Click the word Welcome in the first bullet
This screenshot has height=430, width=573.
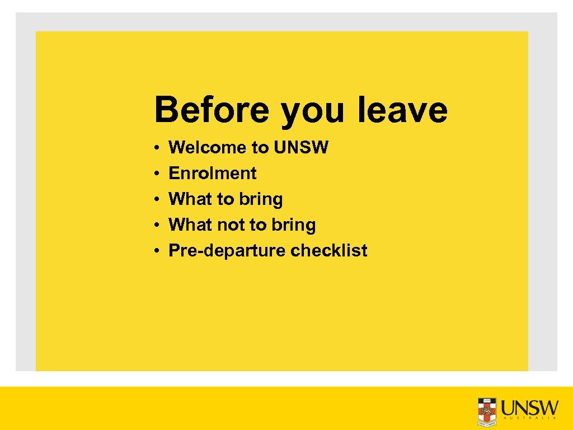[207, 148]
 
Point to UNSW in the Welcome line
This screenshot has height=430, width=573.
[301, 148]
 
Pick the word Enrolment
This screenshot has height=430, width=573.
[212, 174]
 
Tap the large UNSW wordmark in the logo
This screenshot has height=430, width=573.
[529, 406]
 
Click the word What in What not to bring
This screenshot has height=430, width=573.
[190, 225]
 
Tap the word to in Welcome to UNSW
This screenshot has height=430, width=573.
[260, 148]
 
